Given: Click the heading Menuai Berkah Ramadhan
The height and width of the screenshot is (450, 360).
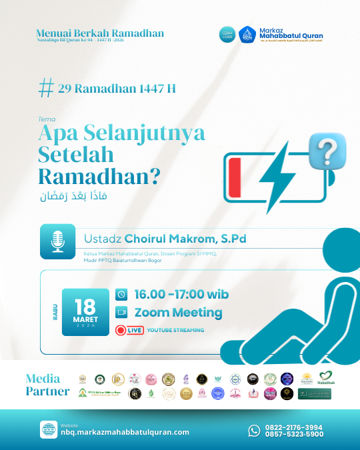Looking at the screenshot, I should (101, 33).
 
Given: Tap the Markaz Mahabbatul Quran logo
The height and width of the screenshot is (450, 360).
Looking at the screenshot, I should (247, 34).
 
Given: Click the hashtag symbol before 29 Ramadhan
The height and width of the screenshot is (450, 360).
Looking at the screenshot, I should (47, 88).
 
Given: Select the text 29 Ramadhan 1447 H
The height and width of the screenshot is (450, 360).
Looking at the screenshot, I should (117, 89).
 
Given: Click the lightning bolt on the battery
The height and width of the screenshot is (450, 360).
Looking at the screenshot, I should (281, 171).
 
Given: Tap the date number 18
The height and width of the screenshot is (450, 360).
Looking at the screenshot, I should (85, 307).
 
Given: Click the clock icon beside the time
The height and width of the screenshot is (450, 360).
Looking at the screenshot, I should (121, 294).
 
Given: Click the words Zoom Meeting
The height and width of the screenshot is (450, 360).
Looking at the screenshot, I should (178, 313).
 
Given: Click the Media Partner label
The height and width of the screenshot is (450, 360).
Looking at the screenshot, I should (47, 385).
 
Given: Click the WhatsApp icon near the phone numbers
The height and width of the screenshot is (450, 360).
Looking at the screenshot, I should (254, 431).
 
